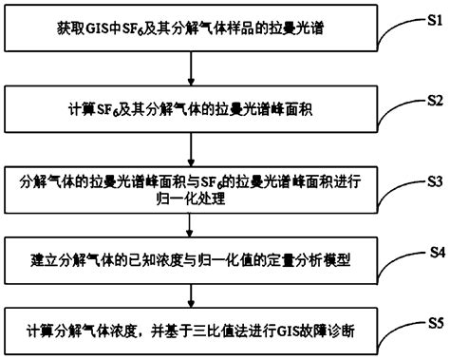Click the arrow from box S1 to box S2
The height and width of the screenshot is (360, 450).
[x=193, y=71]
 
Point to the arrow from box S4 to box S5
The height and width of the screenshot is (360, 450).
[x=193, y=297]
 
